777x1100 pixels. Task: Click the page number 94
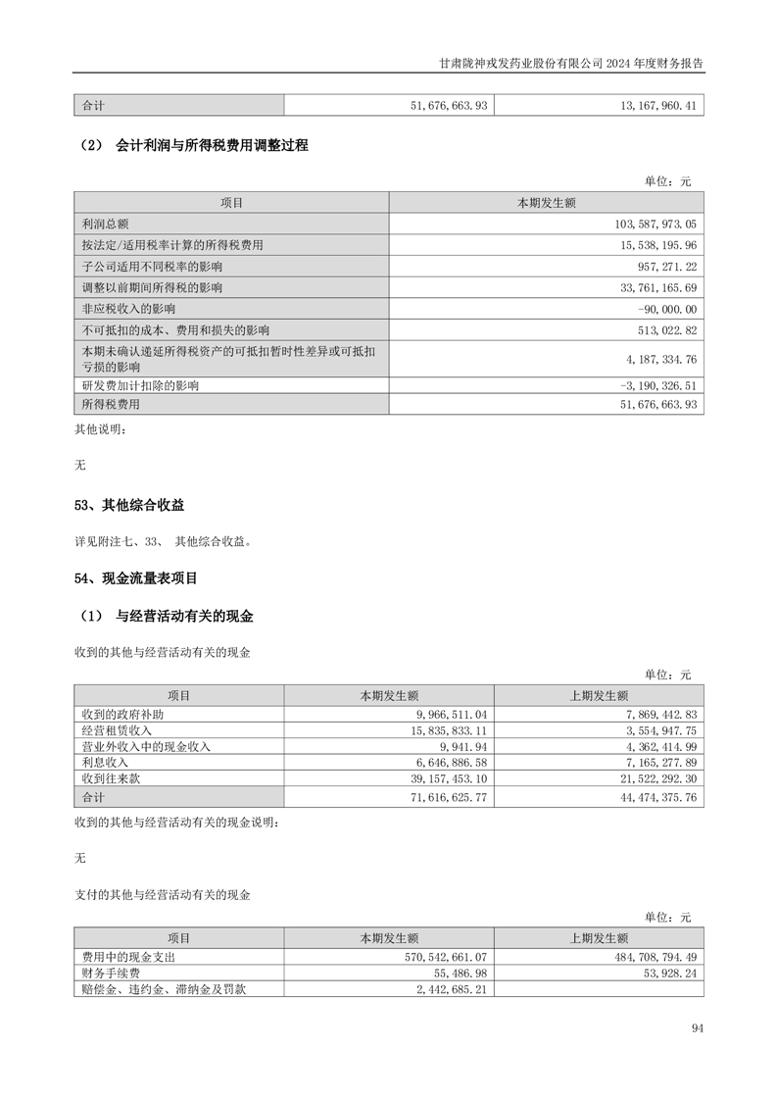click(x=697, y=1028)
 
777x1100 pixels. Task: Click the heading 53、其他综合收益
click(x=129, y=506)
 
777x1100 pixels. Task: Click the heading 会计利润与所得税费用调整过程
click(x=212, y=146)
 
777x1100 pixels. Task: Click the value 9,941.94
click(x=465, y=746)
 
